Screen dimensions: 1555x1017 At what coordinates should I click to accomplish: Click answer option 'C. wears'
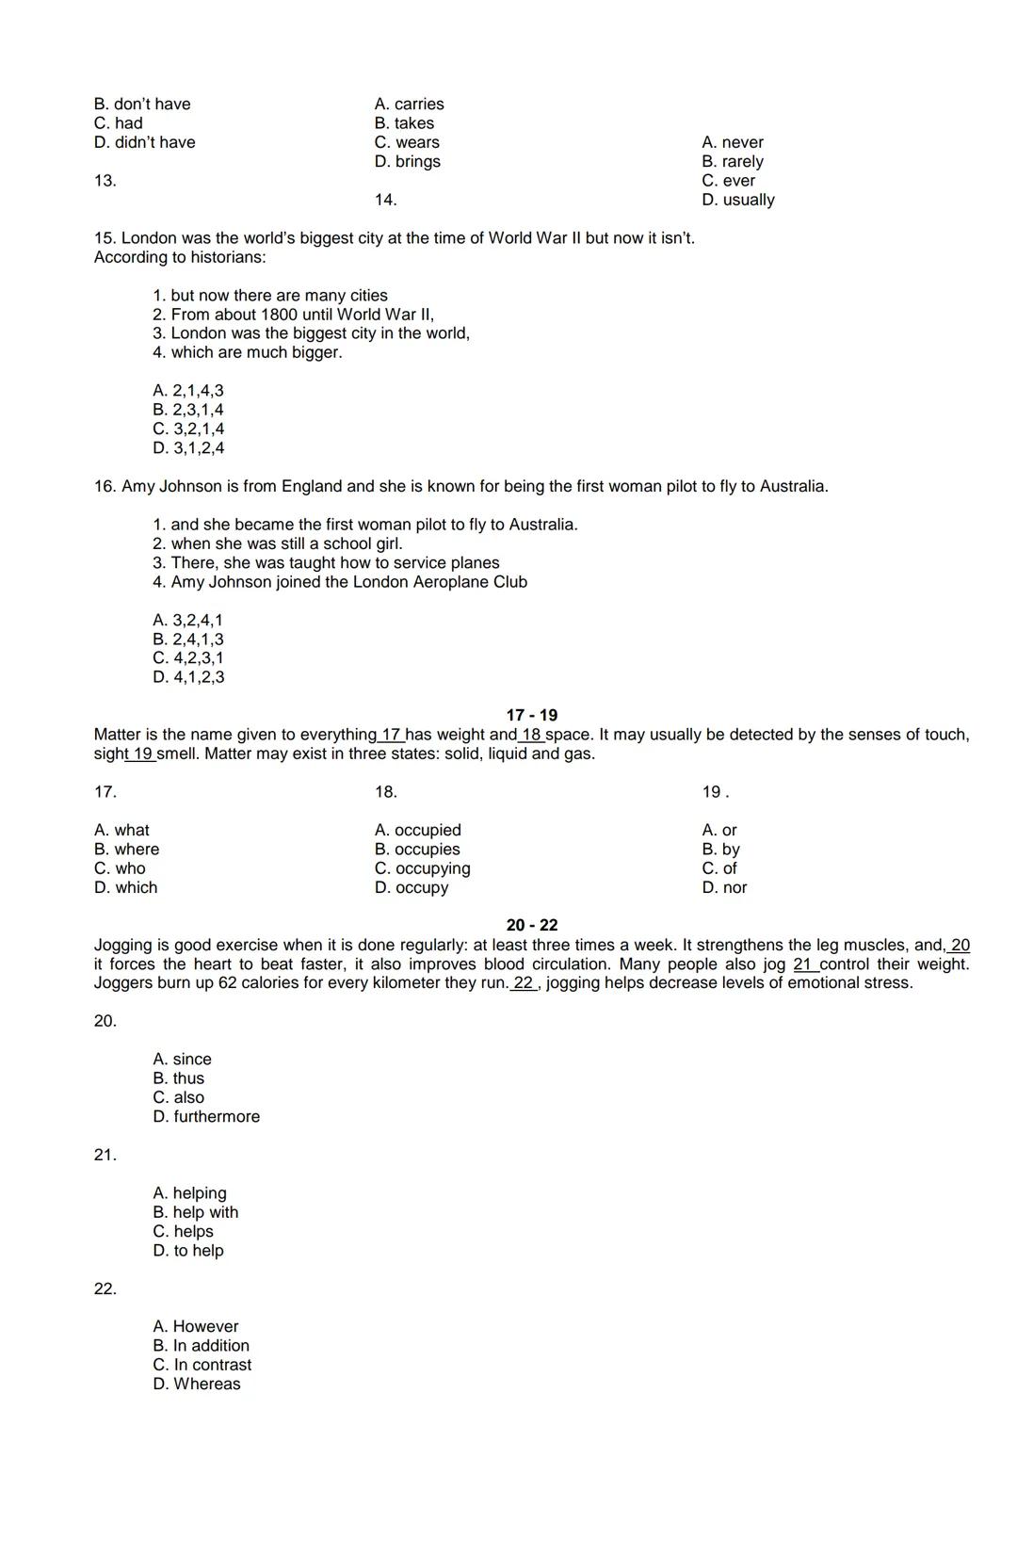click(407, 142)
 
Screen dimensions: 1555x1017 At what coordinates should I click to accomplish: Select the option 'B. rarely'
click(732, 162)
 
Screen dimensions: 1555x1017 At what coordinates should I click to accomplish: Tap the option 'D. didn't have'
click(145, 142)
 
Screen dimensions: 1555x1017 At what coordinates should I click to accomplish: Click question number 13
click(105, 181)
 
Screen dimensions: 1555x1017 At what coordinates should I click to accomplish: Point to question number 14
click(385, 200)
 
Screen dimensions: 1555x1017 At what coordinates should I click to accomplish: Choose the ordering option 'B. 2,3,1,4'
click(188, 410)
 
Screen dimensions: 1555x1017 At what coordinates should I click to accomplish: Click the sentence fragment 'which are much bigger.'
click(256, 352)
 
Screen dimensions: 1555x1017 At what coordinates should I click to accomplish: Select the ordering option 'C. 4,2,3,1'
click(188, 657)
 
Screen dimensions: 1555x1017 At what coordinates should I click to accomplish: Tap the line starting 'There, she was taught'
click(334, 562)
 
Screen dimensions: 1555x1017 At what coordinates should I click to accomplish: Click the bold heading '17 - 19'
click(531, 715)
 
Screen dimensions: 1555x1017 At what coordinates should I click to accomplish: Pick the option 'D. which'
click(126, 887)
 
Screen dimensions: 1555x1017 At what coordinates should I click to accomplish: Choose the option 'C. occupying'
click(422, 868)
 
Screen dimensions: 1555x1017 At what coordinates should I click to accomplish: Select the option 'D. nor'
click(724, 887)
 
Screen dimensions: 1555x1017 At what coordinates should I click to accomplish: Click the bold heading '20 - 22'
click(531, 925)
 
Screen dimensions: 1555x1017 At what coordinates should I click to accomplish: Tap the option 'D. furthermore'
click(206, 1116)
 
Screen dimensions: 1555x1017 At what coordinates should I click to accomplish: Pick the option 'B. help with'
click(196, 1212)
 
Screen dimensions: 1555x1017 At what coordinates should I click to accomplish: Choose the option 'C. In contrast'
click(202, 1365)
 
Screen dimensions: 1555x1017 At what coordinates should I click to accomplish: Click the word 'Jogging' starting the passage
click(123, 945)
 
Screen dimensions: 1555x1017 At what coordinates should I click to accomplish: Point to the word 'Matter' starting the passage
click(117, 735)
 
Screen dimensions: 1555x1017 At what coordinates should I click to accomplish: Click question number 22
click(105, 1288)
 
